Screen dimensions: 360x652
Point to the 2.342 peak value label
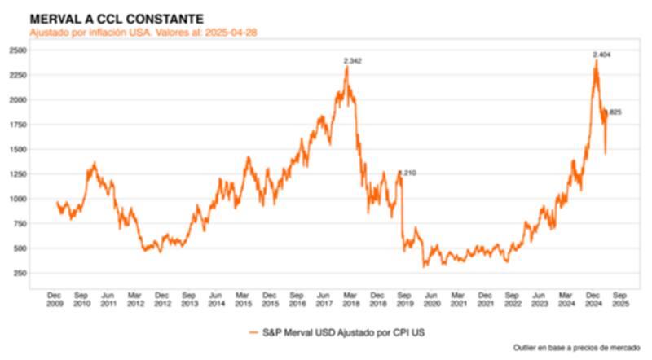(353, 61)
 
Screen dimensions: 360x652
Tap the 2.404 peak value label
(602, 55)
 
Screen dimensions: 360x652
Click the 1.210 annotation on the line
(407, 173)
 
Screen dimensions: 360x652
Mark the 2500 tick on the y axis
(17, 50)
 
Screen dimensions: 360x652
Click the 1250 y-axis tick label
(17, 174)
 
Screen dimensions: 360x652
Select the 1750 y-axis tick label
(17, 125)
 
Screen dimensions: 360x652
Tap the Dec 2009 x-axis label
(55, 298)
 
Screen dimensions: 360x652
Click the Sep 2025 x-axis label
(619, 298)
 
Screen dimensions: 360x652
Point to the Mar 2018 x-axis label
(350, 298)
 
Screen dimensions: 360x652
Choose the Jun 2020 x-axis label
(431, 298)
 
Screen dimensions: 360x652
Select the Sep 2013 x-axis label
(189, 298)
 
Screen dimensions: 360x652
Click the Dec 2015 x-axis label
(270, 298)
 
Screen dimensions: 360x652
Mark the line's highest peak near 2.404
(597, 60)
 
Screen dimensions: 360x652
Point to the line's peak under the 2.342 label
(346, 67)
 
